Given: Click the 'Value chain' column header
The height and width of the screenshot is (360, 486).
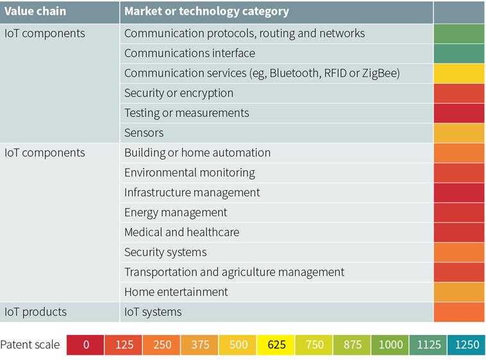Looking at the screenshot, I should click(35, 12).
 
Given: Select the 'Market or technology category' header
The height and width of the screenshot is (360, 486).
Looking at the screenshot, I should click(206, 12).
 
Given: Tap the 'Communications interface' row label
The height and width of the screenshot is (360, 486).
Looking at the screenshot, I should click(189, 53).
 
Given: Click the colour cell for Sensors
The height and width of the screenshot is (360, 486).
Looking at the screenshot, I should click(459, 133).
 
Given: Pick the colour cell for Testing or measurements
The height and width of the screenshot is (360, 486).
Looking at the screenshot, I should click(459, 113).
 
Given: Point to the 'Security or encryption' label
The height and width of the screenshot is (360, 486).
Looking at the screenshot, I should click(179, 93).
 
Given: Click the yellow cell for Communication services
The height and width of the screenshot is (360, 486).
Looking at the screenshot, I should click(459, 73).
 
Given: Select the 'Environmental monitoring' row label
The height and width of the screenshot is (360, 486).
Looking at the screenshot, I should click(189, 173).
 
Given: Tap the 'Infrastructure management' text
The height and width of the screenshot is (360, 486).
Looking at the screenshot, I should click(192, 193).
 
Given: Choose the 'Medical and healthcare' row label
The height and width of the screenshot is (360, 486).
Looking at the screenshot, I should click(181, 232).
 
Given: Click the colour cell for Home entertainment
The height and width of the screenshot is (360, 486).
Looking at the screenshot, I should click(459, 292).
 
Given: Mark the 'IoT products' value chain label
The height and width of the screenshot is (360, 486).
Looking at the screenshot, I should click(35, 312).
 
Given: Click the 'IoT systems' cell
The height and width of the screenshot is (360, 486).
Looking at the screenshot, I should click(153, 312).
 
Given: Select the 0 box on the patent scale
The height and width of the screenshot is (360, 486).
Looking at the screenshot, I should click(86, 345).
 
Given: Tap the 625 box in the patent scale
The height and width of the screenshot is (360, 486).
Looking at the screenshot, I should click(276, 345).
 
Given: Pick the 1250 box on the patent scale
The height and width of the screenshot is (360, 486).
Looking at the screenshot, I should click(466, 345).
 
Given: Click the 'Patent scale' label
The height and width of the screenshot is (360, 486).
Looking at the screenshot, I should click(30, 345).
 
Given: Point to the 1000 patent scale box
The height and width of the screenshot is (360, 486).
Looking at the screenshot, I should click(390, 345).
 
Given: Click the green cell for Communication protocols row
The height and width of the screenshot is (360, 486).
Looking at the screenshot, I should click(459, 33).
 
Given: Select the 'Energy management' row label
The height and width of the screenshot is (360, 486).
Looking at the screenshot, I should click(176, 212).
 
